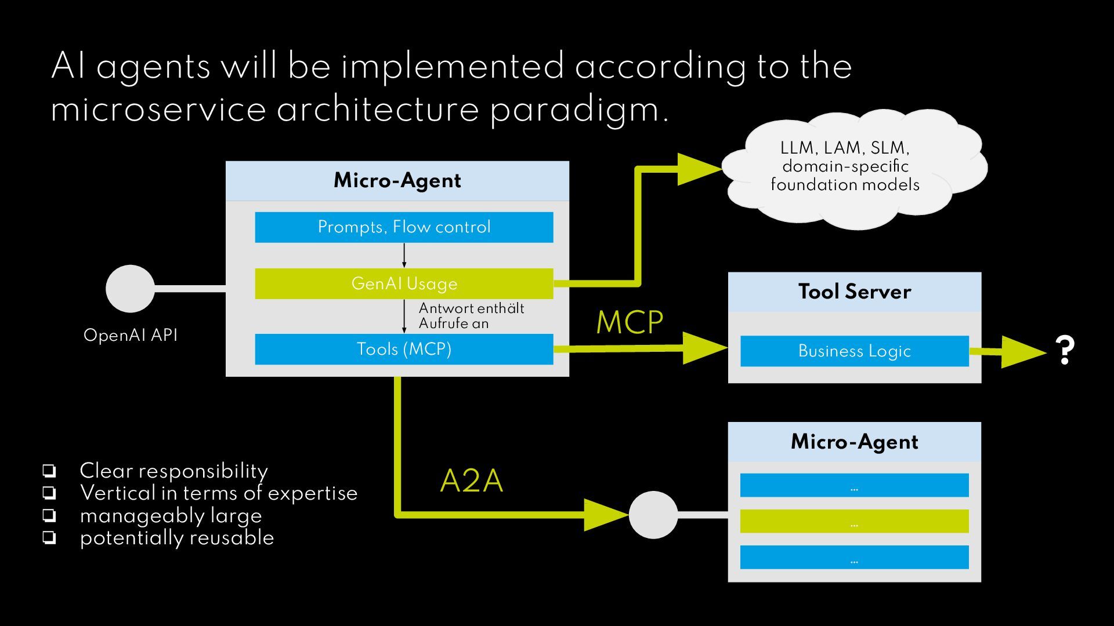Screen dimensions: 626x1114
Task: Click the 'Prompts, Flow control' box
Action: tap(404, 227)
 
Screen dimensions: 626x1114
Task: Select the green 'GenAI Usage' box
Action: tap(404, 283)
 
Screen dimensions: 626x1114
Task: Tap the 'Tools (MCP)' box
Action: tap(404, 349)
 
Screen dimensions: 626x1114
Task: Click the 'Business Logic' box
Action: tap(854, 351)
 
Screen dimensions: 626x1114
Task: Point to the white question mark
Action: tap(1065, 350)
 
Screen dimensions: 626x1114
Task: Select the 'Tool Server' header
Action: tap(854, 292)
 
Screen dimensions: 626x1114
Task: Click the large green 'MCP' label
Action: tap(630, 322)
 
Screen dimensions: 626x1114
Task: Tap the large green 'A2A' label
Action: tap(471, 481)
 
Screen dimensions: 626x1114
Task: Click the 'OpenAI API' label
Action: tap(131, 335)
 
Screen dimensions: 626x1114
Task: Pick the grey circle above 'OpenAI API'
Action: tap(130, 289)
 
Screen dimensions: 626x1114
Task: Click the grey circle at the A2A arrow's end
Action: tap(653, 515)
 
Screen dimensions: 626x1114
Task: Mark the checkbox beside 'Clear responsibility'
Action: tap(49, 470)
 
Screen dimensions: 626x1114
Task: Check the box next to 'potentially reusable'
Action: tap(49, 538)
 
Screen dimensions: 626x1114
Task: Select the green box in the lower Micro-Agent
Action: tap(854, 521)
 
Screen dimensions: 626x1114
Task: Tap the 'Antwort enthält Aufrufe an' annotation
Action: tap(471, 316)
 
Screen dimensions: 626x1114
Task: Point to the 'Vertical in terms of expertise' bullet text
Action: tap(218, 493)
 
